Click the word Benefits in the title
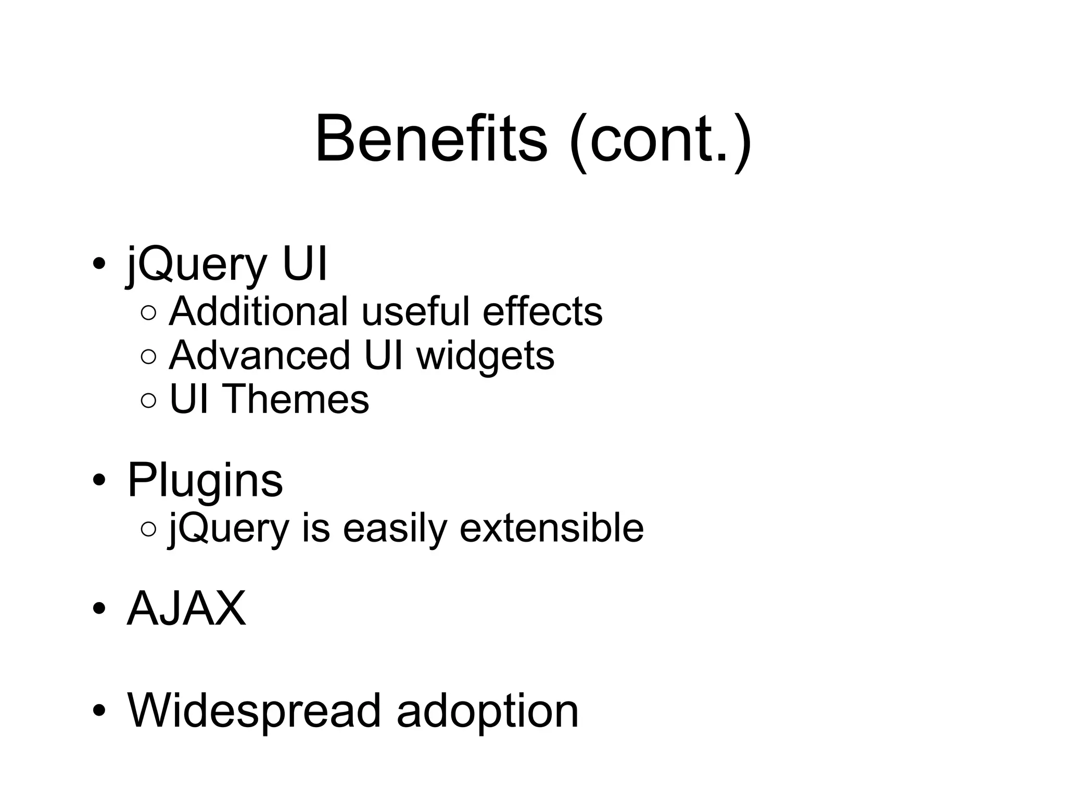pos(431,140)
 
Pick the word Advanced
pos(259,356)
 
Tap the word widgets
pos(485,357)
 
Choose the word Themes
pos(296,399)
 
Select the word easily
pos(395,529)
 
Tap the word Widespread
pos(255,711)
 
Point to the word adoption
pos(487,712)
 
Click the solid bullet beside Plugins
pos(99,480)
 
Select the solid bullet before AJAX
pos(99,608)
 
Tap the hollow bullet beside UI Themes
pos(148,400)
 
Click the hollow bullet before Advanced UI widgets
pos(148,356)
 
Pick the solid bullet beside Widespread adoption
pos(99,710)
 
